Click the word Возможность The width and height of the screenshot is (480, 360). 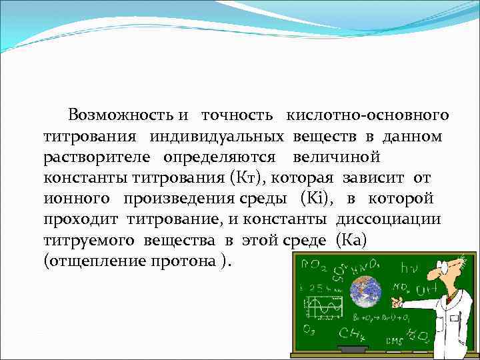(121, 115)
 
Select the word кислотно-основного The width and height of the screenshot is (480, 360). (367, 115)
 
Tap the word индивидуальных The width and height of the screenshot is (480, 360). (218, 137)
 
